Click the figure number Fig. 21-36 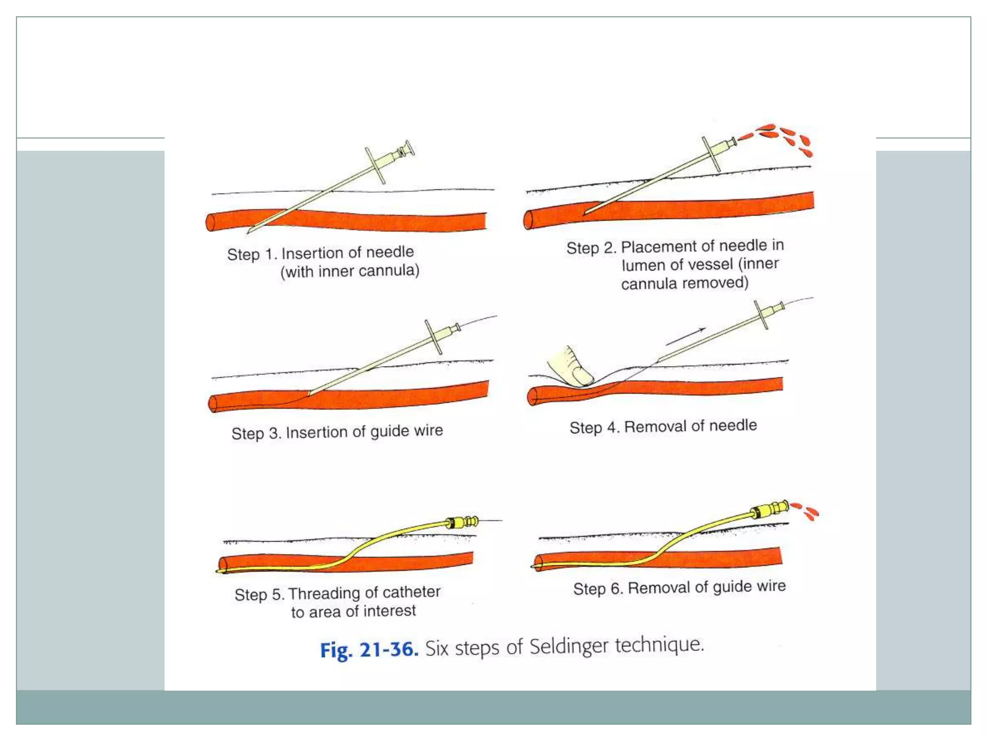point(369,649)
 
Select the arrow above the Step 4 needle point(686,336)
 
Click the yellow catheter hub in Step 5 point(461,522)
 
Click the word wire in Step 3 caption point(428,430)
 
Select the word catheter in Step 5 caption point(411,592)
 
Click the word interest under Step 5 point(389,611)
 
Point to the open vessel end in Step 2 point(528,220)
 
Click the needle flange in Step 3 point(433,336)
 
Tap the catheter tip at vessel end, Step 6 point(535,566)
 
